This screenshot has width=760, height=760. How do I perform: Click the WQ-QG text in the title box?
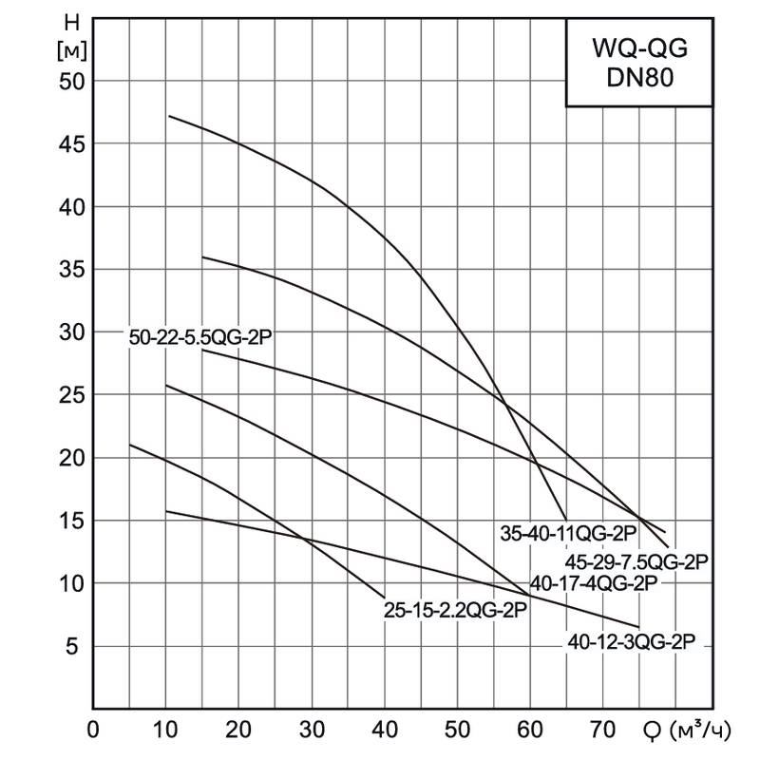pyautogui.click(x=638, y=48)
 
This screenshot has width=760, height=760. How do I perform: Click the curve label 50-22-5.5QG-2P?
pyautogui.click(x=206, y=337)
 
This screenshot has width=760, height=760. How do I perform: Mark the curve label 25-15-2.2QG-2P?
pyautogui.click(x=455, y=610)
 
